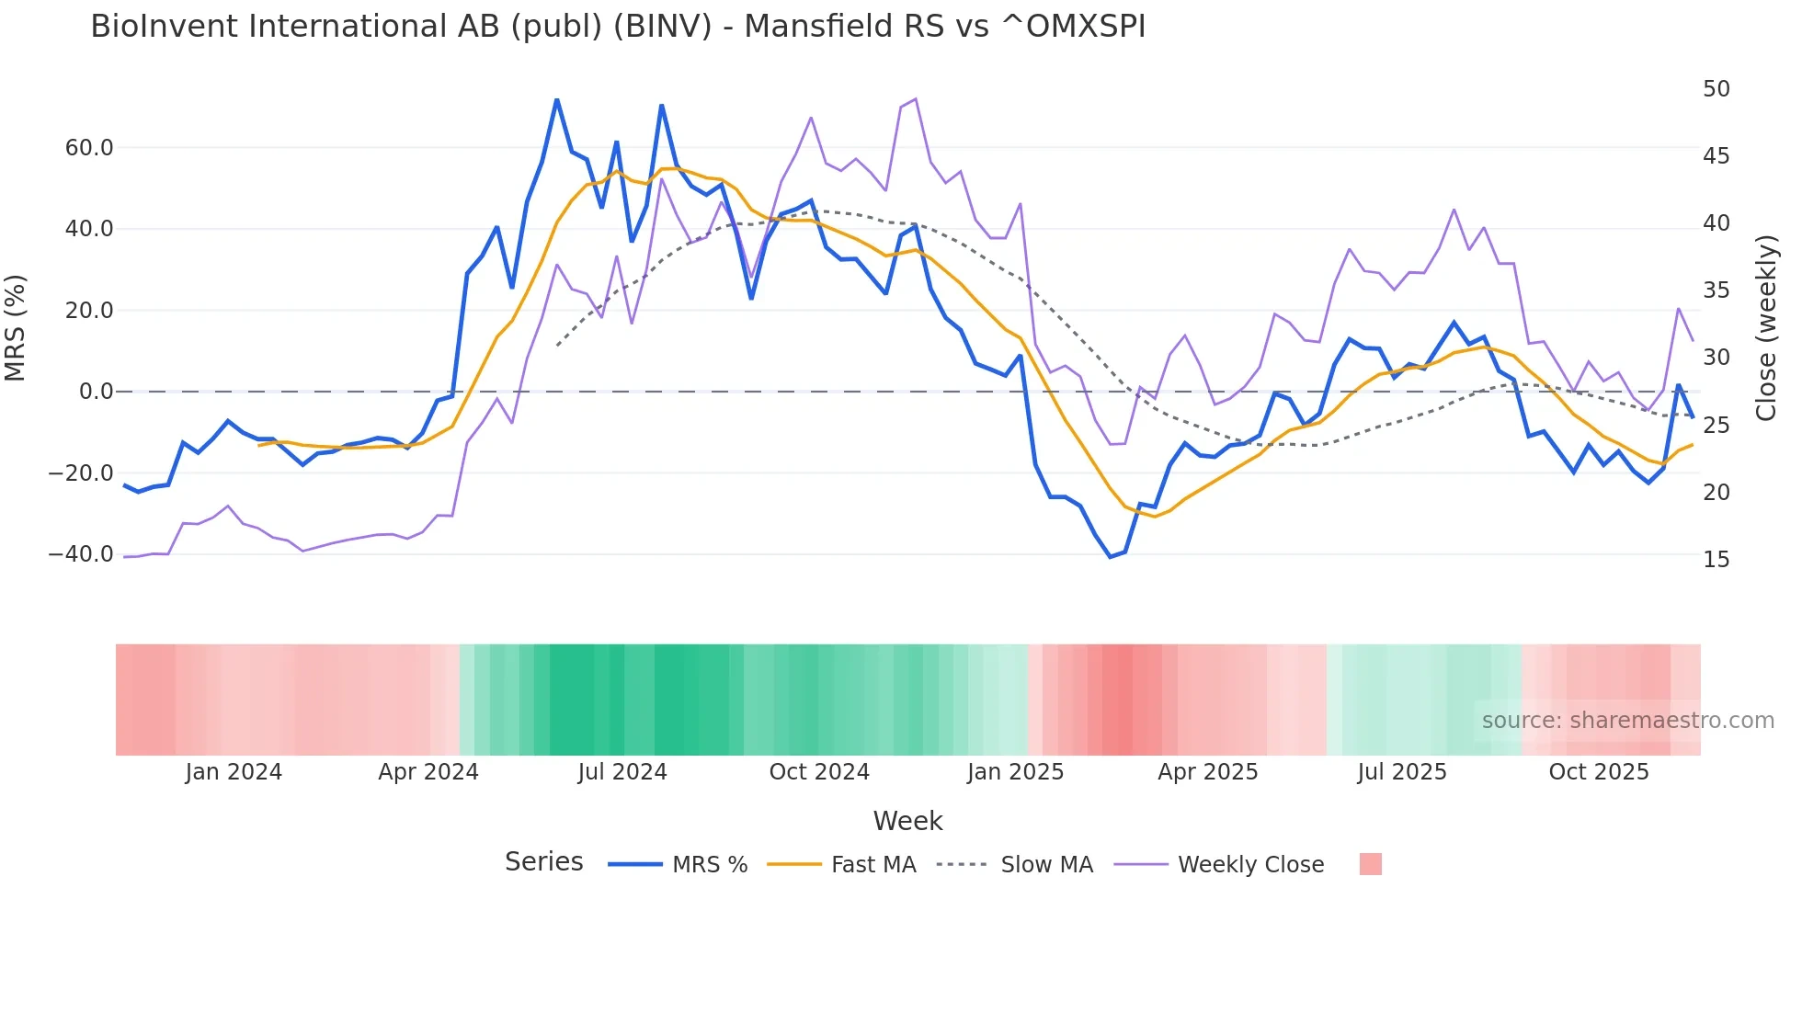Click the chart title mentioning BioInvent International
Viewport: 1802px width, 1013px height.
point(618,27)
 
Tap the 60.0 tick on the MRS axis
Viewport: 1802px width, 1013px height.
point(88,148)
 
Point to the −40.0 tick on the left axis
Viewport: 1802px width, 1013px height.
point(81,554)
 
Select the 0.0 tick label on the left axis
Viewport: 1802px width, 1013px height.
point(96,392)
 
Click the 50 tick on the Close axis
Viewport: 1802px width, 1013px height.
point(1716,89)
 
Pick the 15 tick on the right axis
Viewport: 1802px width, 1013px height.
point(1716,560)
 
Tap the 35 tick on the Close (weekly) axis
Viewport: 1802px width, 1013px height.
point(1716,290)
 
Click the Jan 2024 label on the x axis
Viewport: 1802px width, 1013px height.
point(234,772)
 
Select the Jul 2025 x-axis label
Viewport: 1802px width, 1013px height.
point(1401,772)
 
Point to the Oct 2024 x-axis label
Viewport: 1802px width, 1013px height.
point(818,772)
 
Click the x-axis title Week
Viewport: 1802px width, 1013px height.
point(907,821)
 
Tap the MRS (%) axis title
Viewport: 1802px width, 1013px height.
point(16,327)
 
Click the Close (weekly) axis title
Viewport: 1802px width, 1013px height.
point(1765,327)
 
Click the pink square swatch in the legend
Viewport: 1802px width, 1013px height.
point(1370,864)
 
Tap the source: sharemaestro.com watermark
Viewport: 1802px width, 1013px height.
point(1627,721)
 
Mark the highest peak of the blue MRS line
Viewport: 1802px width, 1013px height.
point(557,99)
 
